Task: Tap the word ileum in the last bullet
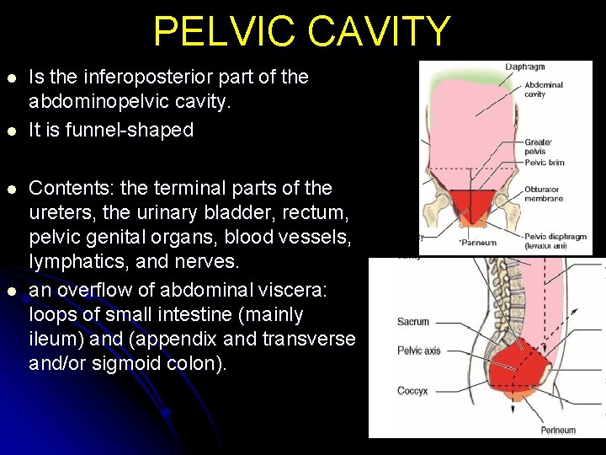pos(51,340)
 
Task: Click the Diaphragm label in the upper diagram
pos(524,67)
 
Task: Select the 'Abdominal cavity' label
pos(543,89)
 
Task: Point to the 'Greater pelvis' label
pos(539,147)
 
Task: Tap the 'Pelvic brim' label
pos(544,163)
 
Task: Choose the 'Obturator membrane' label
pos(543,195)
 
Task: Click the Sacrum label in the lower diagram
pos(413,322)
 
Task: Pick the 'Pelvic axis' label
pos(418,351)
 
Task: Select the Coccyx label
pos(412,390)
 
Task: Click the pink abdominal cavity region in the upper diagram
pos(471,126)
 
